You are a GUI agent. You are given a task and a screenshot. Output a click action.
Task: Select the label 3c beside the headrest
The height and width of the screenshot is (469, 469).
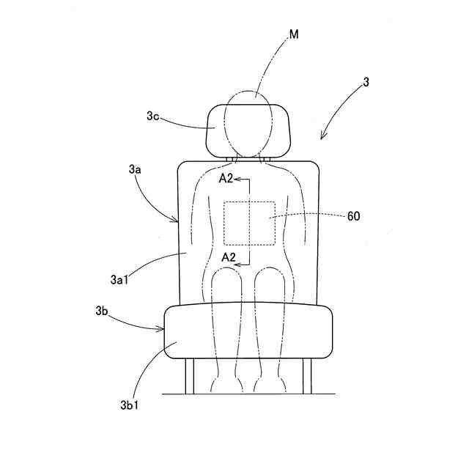click(x=152, y=116)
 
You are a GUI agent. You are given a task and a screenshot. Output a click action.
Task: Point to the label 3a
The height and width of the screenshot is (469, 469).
click(x=134, y=169)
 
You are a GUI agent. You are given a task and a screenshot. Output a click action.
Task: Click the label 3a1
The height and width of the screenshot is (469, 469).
click(x=119, y=279)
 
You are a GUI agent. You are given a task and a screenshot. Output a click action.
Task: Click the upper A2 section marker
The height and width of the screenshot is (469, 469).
click(x=227, y=178)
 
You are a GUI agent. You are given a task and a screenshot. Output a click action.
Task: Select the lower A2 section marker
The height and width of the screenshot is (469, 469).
click(x=228, y=257)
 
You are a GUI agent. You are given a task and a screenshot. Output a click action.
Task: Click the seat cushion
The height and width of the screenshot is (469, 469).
click(x=249, y=331)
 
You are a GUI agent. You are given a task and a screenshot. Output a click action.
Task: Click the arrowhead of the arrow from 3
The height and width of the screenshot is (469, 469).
click(x=322, y=137)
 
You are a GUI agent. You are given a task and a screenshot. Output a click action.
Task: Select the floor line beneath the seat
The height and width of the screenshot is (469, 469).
click(x=249, y=394)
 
